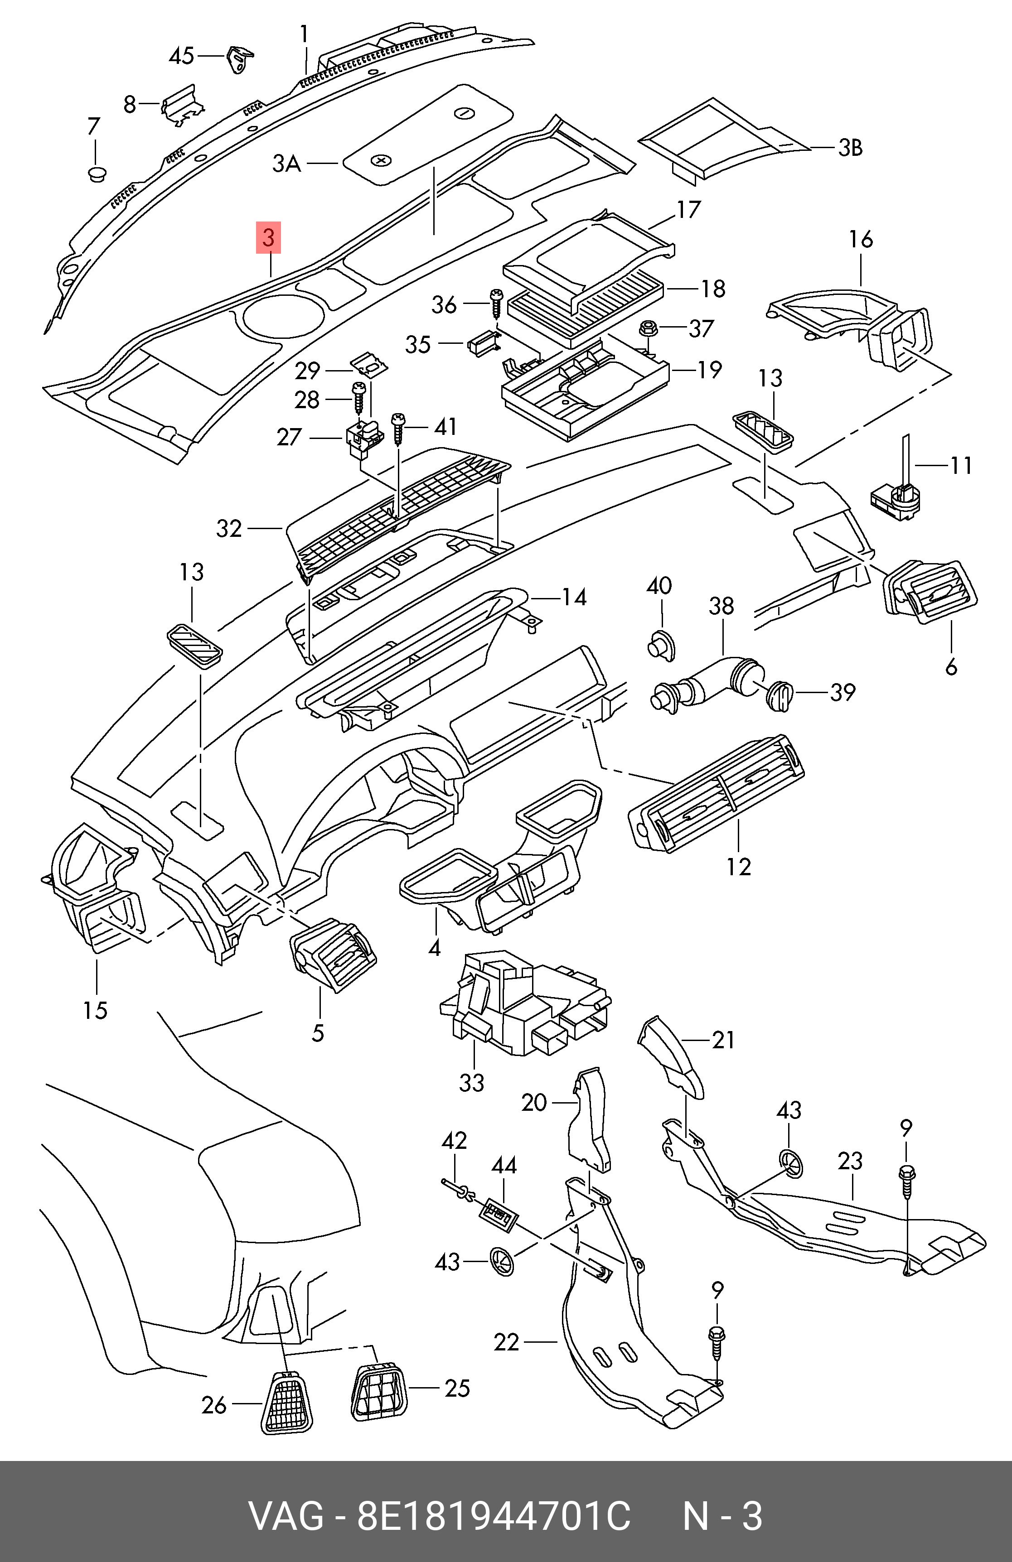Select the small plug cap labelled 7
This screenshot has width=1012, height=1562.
tap(97, 174)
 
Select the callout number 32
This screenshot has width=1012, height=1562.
tap(229, 528)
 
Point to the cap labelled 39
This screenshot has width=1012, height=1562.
tap(780, 695)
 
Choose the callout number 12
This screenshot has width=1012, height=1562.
tap(738, 866)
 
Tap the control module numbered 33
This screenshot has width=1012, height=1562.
tap(522, 1008)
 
